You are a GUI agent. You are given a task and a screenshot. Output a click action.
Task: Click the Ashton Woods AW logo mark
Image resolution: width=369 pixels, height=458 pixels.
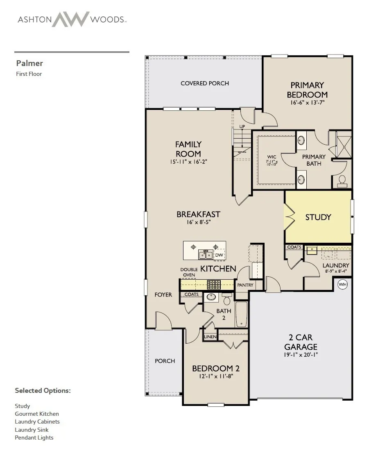(x=70, y=19)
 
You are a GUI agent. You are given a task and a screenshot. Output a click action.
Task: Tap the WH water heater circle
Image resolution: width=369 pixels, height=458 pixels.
(x=342, y=284)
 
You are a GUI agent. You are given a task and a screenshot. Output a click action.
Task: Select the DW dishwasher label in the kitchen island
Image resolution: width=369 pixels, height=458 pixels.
(x=219, y=255)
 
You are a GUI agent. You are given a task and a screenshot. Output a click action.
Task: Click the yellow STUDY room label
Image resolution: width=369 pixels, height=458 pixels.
(x=318, y=217)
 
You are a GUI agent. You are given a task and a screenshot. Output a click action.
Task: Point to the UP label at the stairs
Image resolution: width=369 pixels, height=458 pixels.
(x=242, y=126)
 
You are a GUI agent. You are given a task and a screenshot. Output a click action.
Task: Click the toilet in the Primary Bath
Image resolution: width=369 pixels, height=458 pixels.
(x=342, y=181)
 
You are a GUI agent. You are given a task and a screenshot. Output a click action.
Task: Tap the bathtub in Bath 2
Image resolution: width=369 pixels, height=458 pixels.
(x=241, y=314)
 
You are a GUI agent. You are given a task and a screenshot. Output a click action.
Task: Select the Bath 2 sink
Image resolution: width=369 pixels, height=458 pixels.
(x=211, y=297)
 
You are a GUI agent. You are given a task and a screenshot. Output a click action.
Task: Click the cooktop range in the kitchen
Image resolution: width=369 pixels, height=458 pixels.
(x=214, y=285)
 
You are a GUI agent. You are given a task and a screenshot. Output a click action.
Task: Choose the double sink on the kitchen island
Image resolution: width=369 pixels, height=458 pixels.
(x=206, y=254)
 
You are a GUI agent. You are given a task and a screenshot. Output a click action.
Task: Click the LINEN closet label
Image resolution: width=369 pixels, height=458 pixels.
(x=210, y=337)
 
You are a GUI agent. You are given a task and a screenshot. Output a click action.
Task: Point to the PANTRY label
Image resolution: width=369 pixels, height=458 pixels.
(x=245, y=285)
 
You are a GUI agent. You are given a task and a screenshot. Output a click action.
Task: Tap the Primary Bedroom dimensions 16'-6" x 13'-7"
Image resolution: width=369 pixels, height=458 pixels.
(x=308, y=103)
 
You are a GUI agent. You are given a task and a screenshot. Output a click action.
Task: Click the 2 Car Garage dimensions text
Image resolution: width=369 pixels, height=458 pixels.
(x=301, y=355)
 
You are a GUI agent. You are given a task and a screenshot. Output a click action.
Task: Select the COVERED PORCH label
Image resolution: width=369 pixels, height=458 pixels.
(x=205, y=83)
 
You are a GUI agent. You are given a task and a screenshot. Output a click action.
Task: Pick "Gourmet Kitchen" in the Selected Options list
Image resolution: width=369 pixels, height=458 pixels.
(x=37, y=414)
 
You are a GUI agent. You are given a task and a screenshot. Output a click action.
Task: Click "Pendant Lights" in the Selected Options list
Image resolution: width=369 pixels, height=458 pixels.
(x=34, y=437)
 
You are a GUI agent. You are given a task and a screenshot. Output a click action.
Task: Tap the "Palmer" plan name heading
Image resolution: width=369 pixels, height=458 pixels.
(x=29, y=63)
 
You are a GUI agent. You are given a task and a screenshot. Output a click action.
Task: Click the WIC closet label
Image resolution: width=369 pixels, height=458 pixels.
(x=272, y=157)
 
